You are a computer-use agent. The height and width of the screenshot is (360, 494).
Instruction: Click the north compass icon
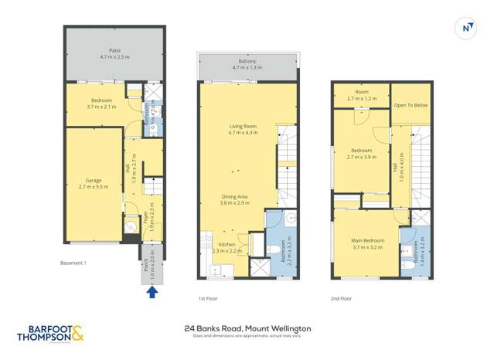(x=465, y=28)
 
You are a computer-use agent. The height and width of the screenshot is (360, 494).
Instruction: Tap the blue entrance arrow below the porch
(x=152, y=292)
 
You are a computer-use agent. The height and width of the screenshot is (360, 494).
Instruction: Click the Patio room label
(x=114, y=53)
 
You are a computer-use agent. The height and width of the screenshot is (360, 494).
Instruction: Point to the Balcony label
(x=247, y=65)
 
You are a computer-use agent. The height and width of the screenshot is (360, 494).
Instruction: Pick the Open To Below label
(x=411, y=105)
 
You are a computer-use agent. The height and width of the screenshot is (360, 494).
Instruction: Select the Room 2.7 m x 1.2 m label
(x=361, y=95)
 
